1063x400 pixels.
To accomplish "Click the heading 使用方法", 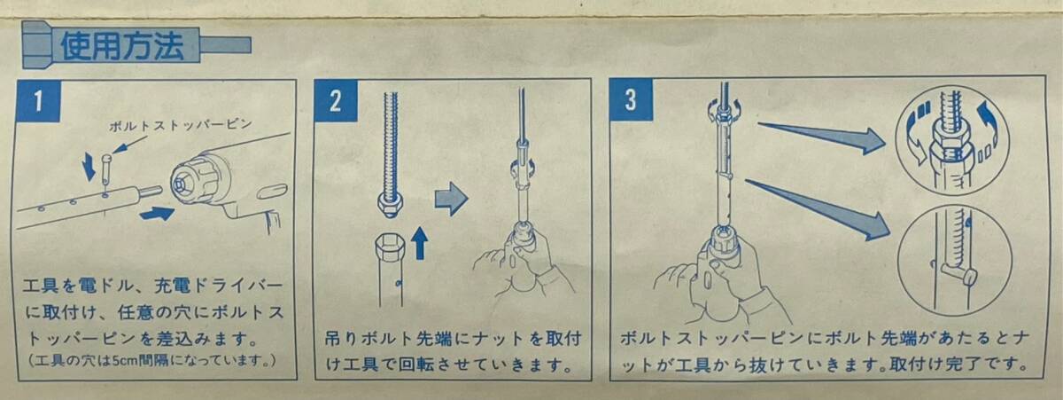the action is [122, 45].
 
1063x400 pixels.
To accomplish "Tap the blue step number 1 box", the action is [39, 101].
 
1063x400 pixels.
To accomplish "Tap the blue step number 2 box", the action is [336, 100].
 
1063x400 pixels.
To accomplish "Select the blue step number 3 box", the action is [631, 99].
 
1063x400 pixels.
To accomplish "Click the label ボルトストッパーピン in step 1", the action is [181, 125].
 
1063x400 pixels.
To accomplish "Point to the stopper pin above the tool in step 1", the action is [105, 169].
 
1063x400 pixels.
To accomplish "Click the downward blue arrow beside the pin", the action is [89, 167].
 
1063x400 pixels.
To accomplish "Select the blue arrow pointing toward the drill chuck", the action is [158, 213].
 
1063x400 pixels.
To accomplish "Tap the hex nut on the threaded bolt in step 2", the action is [391, 204].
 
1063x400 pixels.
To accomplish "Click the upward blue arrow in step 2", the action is [420, 243].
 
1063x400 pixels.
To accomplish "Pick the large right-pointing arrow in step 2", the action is [451, 199].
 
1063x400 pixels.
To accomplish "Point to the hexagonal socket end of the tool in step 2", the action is [390, 247].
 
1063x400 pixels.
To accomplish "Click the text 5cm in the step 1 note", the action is [125, 361].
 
